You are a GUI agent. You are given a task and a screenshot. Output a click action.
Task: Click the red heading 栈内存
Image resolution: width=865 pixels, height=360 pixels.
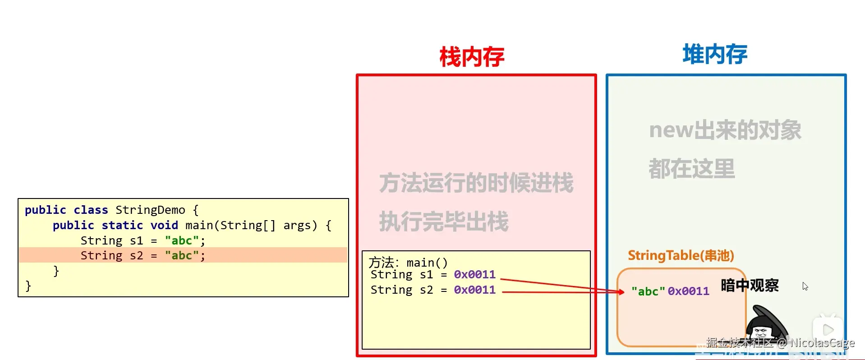472,57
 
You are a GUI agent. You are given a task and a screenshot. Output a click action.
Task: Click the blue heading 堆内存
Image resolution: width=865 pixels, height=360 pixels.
715,55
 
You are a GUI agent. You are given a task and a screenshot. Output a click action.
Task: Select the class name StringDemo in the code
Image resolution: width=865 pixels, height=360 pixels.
150,210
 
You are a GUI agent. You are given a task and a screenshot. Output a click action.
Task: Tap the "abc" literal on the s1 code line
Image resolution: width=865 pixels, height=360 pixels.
182,240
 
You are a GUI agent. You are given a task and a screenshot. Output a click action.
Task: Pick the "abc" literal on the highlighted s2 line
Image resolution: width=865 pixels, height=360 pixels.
182,256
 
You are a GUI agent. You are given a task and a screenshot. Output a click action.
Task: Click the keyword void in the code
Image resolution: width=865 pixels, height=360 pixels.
164,225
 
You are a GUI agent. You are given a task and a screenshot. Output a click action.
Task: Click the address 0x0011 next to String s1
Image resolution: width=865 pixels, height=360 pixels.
474,275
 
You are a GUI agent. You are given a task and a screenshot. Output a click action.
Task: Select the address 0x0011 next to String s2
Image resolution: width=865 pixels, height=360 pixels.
474,290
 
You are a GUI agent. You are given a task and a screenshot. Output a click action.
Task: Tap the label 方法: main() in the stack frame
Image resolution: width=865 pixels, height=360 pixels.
408,263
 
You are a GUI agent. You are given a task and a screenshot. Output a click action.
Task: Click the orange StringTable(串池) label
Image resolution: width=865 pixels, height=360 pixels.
681,256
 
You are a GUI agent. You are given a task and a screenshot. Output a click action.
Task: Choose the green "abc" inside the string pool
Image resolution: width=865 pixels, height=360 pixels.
648,291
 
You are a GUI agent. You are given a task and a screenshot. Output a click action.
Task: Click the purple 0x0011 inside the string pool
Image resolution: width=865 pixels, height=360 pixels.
688,291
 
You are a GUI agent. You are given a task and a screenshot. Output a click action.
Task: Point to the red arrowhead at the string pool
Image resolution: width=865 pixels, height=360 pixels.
621,292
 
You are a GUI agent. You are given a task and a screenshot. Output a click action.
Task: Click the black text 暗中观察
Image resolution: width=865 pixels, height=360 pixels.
750,286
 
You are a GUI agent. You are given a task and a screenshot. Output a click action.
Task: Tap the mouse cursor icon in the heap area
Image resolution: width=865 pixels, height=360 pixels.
805,286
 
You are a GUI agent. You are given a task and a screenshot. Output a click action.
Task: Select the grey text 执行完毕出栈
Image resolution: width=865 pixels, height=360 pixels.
444,222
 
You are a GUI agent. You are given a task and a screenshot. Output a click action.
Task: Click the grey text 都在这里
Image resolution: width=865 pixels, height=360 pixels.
692,169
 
